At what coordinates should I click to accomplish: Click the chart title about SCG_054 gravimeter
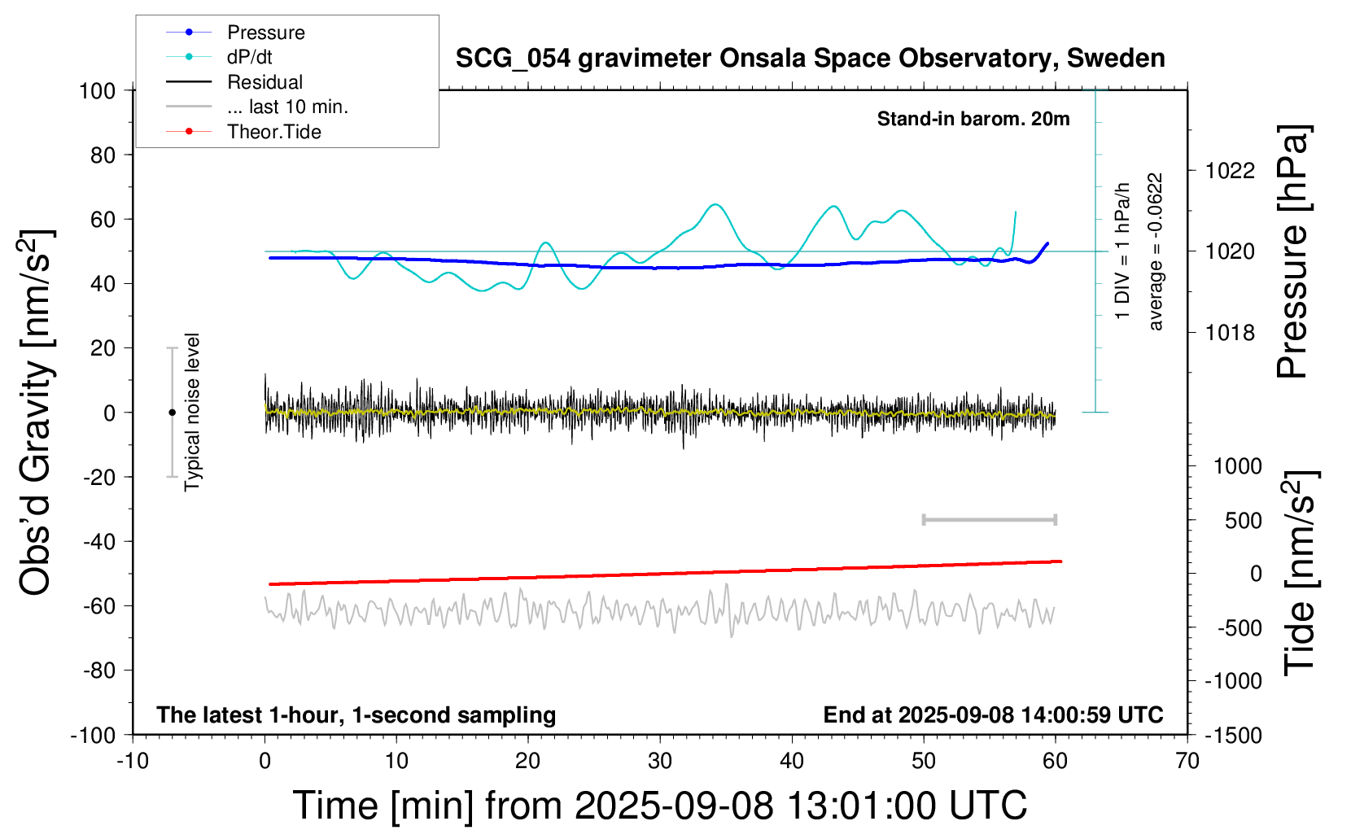pos(810,59)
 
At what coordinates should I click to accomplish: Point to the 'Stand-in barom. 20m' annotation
pos(973,119)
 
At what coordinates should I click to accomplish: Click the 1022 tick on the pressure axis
pos(1230,171)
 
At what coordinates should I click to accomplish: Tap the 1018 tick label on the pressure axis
pos(1230,333)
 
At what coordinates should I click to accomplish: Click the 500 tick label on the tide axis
pos(1243,521)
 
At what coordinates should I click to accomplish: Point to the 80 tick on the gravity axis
pos(103,155)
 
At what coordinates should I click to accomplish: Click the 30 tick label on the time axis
pos(659,762)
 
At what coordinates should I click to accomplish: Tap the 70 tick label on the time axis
pos(1187,762)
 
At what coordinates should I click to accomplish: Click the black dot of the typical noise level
pos(172,413)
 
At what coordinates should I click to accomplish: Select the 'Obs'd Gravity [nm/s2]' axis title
pos(36,413)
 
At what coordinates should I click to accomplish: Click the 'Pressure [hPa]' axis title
pos(1292,252)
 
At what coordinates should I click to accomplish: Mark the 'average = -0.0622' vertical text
pos(1155,252)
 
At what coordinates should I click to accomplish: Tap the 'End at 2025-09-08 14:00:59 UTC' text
pos(993,715)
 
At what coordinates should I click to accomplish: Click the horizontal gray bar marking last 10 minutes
pos(989,520)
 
